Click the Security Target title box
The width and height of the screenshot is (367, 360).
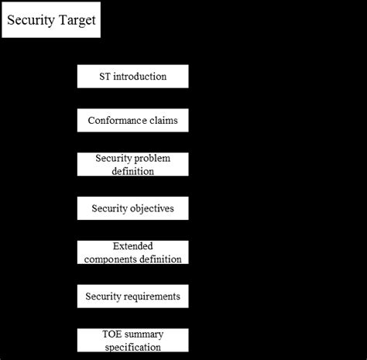point(51,19)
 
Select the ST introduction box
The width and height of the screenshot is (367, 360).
point(133,77)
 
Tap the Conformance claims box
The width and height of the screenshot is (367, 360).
point(133,120)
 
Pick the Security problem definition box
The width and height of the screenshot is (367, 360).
point(133,164)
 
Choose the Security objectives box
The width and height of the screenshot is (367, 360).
point(133,208)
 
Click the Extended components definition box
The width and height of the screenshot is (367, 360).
point(133,252)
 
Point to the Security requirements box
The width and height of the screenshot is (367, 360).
point(133,297)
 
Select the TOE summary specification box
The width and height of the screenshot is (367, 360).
point(133,340)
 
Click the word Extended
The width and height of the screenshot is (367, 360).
point(133,246)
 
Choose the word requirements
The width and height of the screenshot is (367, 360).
point(151,297)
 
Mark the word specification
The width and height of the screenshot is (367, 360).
point(133,348)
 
